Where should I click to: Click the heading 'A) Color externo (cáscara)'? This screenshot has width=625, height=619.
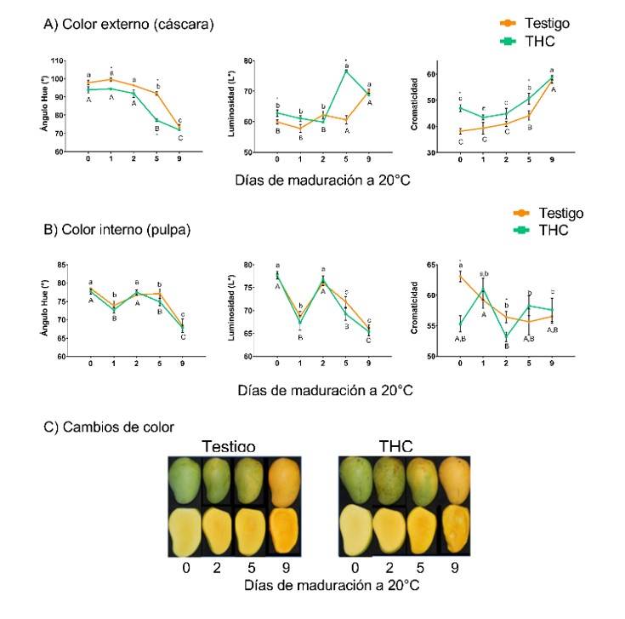coord(128,25)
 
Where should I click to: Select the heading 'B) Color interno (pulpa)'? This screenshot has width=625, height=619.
coord(120,227)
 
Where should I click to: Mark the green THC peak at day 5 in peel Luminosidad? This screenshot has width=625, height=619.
coord(347,71)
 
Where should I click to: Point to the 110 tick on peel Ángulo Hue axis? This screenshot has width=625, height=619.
coord(59,60)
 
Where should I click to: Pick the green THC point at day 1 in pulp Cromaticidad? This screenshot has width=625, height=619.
coord(483,290)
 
